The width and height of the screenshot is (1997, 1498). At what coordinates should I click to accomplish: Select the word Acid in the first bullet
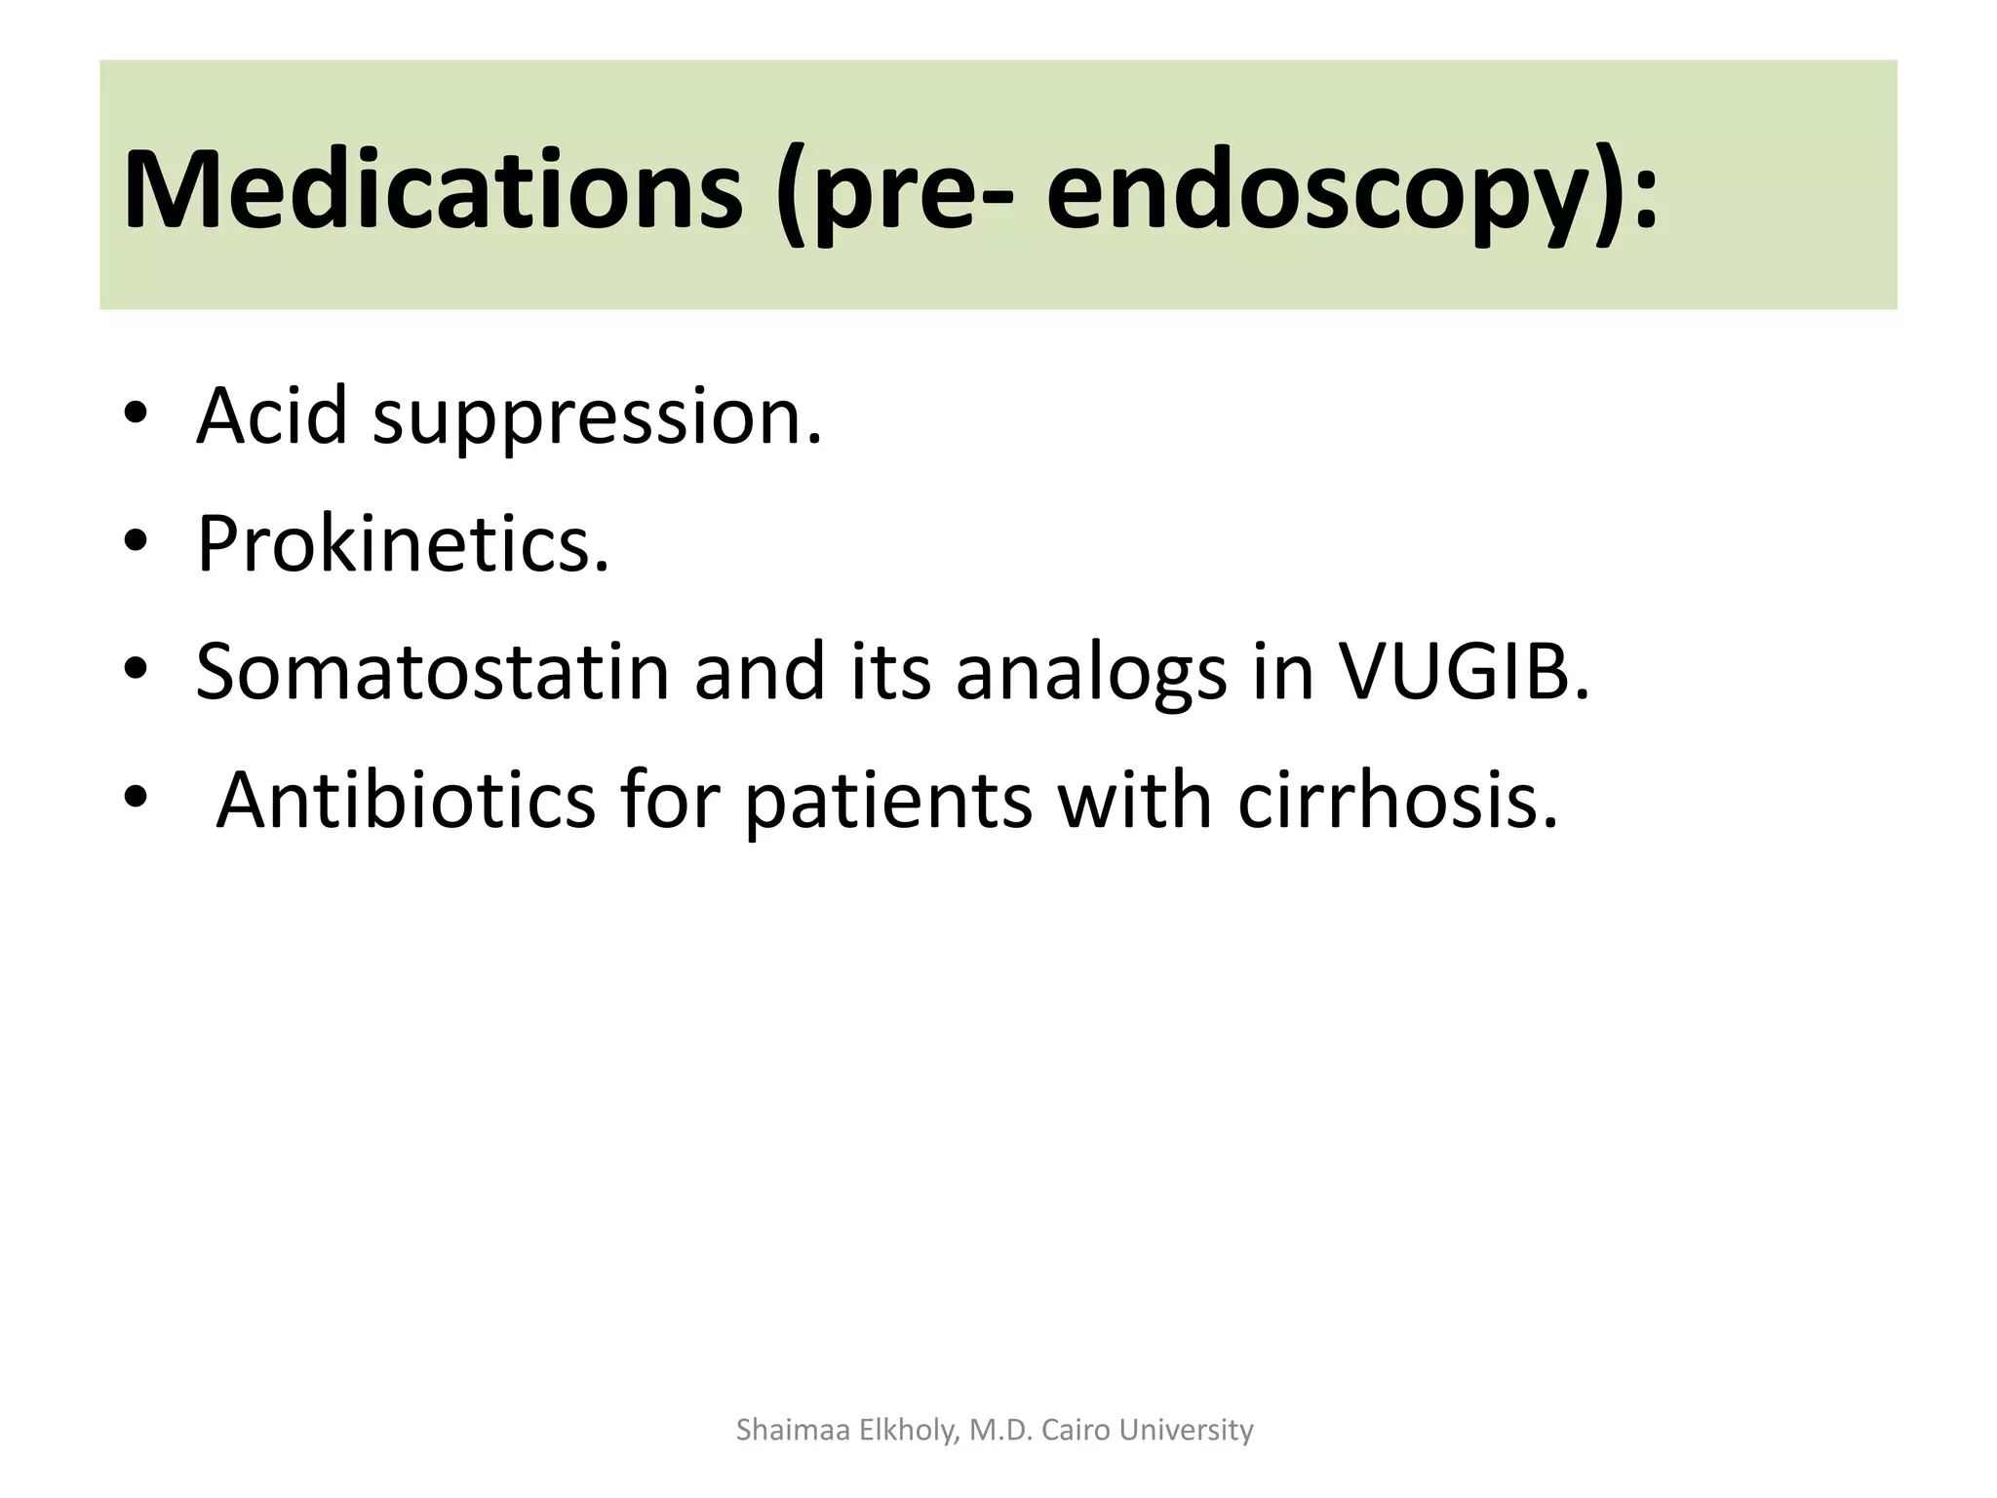click(x=272, y=416)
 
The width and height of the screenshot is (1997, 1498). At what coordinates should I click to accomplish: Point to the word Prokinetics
click(x=403, y=543)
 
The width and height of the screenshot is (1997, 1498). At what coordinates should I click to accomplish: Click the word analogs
click(x=1090, y=673)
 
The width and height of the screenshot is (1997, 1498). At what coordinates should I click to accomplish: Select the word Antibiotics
click(x=405, y=800)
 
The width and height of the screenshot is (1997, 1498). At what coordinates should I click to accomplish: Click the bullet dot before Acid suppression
click(x=137, y=414)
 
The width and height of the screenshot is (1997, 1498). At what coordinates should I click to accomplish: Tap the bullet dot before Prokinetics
click(x=137, y=541)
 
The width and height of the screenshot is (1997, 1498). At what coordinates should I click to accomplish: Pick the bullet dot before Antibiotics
click(x=137, y=798)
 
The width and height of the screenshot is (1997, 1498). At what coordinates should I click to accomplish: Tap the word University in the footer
click(x=1187, y=1430)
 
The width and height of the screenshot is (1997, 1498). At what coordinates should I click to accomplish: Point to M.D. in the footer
click(x=1000, y=1430)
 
